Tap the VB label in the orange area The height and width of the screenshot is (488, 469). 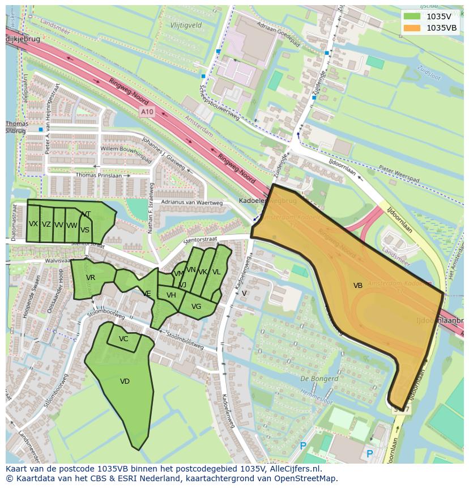(358, 286)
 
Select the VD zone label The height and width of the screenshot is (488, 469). (125, 381)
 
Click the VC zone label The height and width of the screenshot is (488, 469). (123, 339)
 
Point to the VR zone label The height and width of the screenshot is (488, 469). (91, 278)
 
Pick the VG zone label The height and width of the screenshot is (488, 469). (196, 307)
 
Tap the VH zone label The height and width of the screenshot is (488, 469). (171, 295)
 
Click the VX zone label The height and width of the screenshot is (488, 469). (33, 224)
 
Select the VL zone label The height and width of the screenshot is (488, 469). (216, 272)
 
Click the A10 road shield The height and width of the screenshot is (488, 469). (147, 112)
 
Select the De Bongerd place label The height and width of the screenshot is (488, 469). (312, 378)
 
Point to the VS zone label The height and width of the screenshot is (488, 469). (85, 230)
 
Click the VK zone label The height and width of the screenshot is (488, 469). (203, 272)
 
